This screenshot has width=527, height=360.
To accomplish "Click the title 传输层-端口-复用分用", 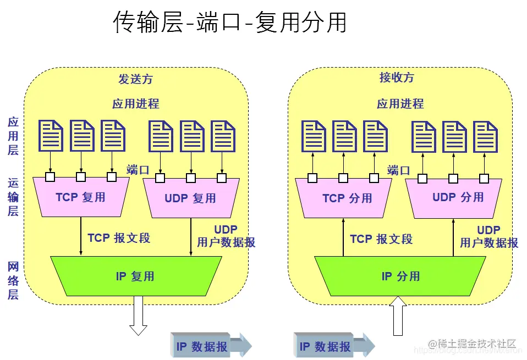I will click(x=230, y=23).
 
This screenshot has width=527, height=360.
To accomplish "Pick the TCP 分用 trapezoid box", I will click(x=347, y=198).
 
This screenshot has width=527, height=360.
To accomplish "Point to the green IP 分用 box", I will click(x=400, y=276).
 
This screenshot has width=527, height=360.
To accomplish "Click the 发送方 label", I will click(x=135, y=79).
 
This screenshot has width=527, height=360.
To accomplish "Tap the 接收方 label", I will click(x=397, y=77).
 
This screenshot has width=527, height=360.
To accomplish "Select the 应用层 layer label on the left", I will click(x=13, y=136).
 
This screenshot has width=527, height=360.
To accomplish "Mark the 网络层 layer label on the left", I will click(x=13, y=280).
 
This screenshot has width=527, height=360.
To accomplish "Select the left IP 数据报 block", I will click(x=209, y=346).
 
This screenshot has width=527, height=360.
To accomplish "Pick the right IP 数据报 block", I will click(x=332, y=346).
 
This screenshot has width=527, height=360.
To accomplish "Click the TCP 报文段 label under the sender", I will click(x=118, y=238).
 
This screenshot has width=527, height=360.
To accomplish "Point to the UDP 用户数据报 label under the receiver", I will click(x=488, y=236).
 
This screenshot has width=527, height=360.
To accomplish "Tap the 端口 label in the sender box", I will click(x=138, y=169).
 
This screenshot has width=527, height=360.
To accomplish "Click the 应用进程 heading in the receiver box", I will click(x=400, y=103).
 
